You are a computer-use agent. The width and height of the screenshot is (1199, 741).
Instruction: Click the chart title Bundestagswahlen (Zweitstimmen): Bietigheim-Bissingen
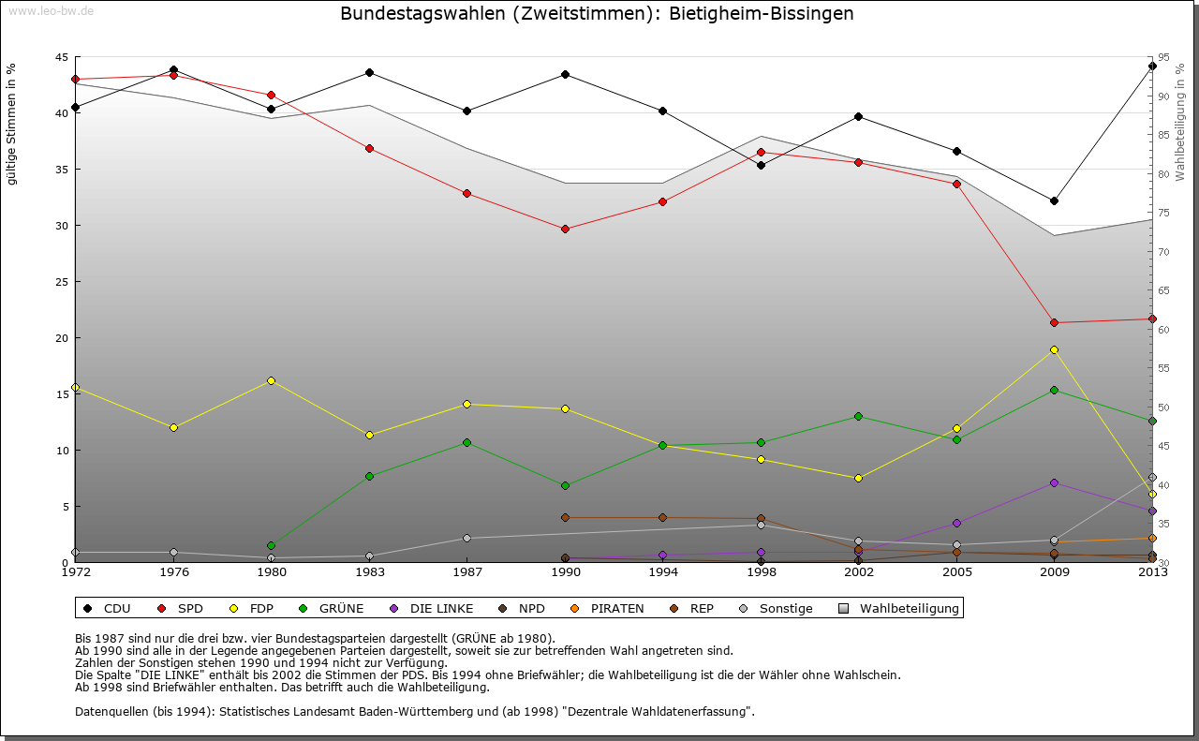[x=597, y=14]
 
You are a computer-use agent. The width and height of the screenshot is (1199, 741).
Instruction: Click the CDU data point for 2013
[x=1152, y=66]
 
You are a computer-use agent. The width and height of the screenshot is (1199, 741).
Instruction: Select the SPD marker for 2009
[x=1054, y=322]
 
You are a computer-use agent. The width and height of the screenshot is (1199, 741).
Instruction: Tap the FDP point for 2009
[x=1054, y=349]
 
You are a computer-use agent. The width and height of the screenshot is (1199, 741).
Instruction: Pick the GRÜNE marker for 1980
[x=271, y=545]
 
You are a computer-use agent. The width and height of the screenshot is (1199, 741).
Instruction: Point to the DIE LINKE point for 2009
[x=1054, y=482]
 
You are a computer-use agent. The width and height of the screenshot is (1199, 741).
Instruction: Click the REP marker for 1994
[x=662, y=517]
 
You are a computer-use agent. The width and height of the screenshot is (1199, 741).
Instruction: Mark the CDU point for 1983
[x=369, y=72]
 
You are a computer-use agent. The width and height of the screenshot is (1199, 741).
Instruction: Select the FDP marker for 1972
[x=75, y=387]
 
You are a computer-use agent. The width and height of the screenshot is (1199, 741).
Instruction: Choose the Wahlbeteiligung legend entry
[x=900, y=609]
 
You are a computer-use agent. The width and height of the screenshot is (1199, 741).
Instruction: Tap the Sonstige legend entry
[x=777, y=609]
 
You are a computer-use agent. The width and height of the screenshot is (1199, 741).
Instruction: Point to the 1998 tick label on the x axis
[x=761, y=572]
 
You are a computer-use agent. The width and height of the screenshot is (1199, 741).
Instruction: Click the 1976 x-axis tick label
[x=173, y=572]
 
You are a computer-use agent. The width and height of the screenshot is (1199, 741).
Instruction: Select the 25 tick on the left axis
[x=61, y=282]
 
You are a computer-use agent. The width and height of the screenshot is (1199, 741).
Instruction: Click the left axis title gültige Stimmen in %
[x=12, y=124]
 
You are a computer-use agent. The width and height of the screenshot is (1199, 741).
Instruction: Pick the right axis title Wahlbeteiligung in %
[x=1180, y=122]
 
